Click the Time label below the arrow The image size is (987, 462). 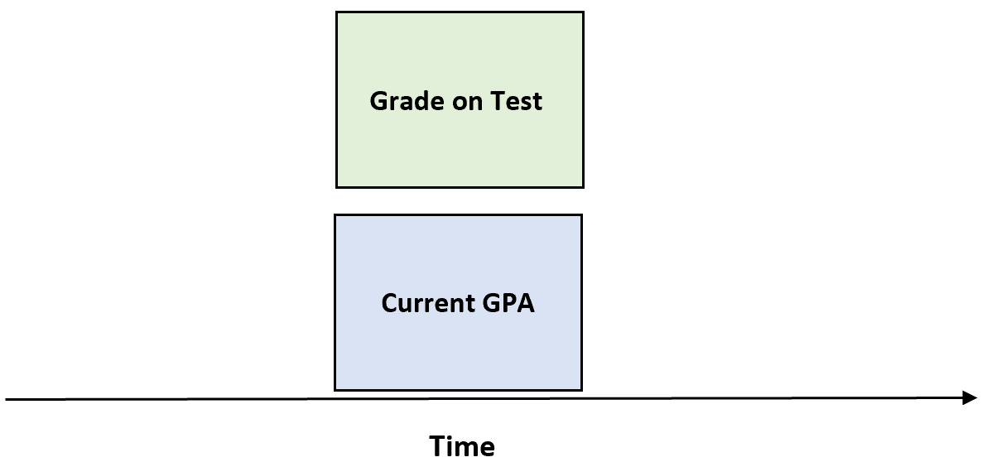click(462, 446)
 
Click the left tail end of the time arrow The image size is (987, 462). click(7, 400)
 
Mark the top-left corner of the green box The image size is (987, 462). click(336, 12)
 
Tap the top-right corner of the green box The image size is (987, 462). click(583, 12)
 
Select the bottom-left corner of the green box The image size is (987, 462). click(336, 187)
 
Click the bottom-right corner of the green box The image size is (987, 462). click(583, 187)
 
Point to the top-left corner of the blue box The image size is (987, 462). click(335, 214)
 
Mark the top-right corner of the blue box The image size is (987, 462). click(581, 214)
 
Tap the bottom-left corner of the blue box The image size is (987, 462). click(335, 389)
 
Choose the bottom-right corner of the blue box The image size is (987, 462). click(581, 389)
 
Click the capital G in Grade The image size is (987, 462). click(379, 102)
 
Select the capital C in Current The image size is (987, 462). click(389, 303)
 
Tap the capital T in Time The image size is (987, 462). click(438, 446)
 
